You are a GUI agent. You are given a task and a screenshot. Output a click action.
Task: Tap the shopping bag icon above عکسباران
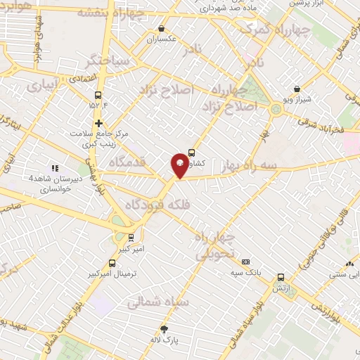pos(162,29)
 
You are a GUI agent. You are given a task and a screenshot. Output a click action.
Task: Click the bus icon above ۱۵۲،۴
pos(98,94)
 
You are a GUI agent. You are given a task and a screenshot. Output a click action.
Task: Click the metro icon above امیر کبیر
pos(131,238)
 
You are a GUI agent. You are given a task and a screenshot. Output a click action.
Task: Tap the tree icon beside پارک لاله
pos(164,329)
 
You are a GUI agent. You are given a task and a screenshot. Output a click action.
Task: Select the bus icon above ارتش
pos(281,277)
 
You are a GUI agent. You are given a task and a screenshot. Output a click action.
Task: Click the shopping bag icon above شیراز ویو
pos(297,89)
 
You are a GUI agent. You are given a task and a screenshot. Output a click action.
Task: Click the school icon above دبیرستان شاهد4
pos(54,167)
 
